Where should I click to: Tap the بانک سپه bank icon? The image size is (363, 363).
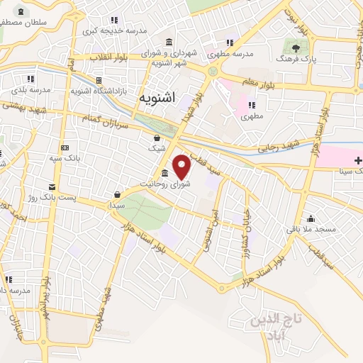point(65,148)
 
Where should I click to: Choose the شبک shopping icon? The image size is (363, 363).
point(157,138)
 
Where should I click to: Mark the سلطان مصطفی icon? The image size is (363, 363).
point(19,12)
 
